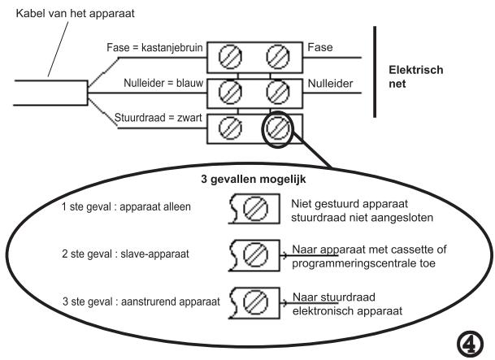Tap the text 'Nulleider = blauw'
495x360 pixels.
click(x=150, y=84)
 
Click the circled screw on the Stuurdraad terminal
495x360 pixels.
click(x=277, y=128)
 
